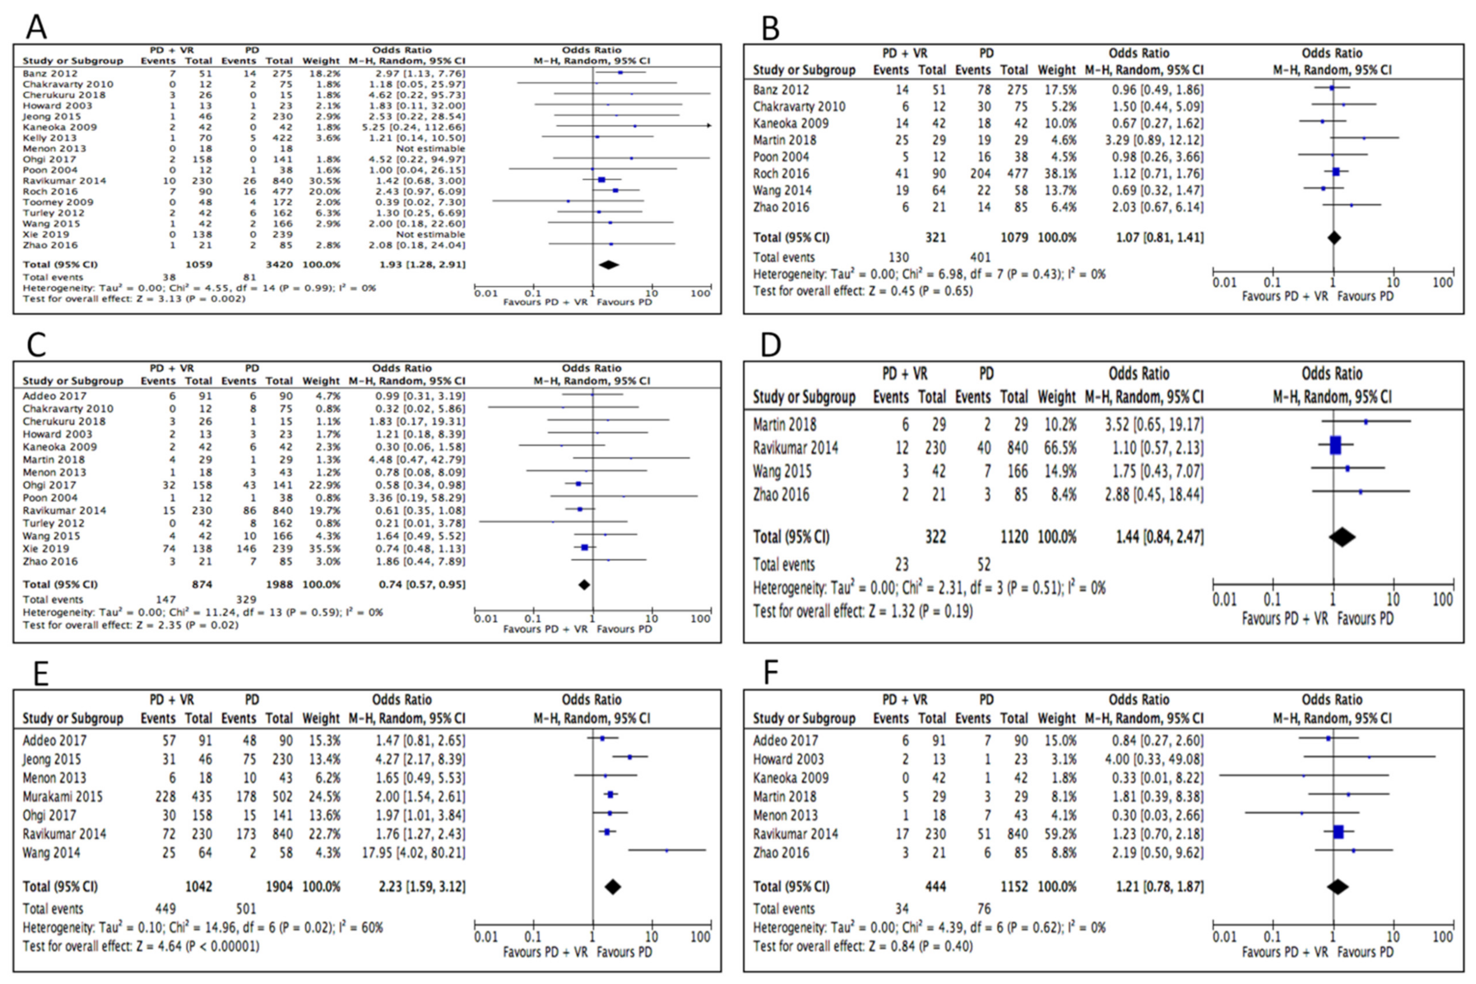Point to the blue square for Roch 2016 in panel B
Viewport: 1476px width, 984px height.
[1336, 172]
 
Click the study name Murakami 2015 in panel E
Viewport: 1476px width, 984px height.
[63, 796]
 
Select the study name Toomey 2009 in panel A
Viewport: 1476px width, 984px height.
[58, 202]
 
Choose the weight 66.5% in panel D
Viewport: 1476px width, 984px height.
[1056, 448]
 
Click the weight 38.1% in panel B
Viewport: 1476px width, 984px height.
[1056, 173]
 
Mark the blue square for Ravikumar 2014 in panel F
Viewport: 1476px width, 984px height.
[1338, 832]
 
